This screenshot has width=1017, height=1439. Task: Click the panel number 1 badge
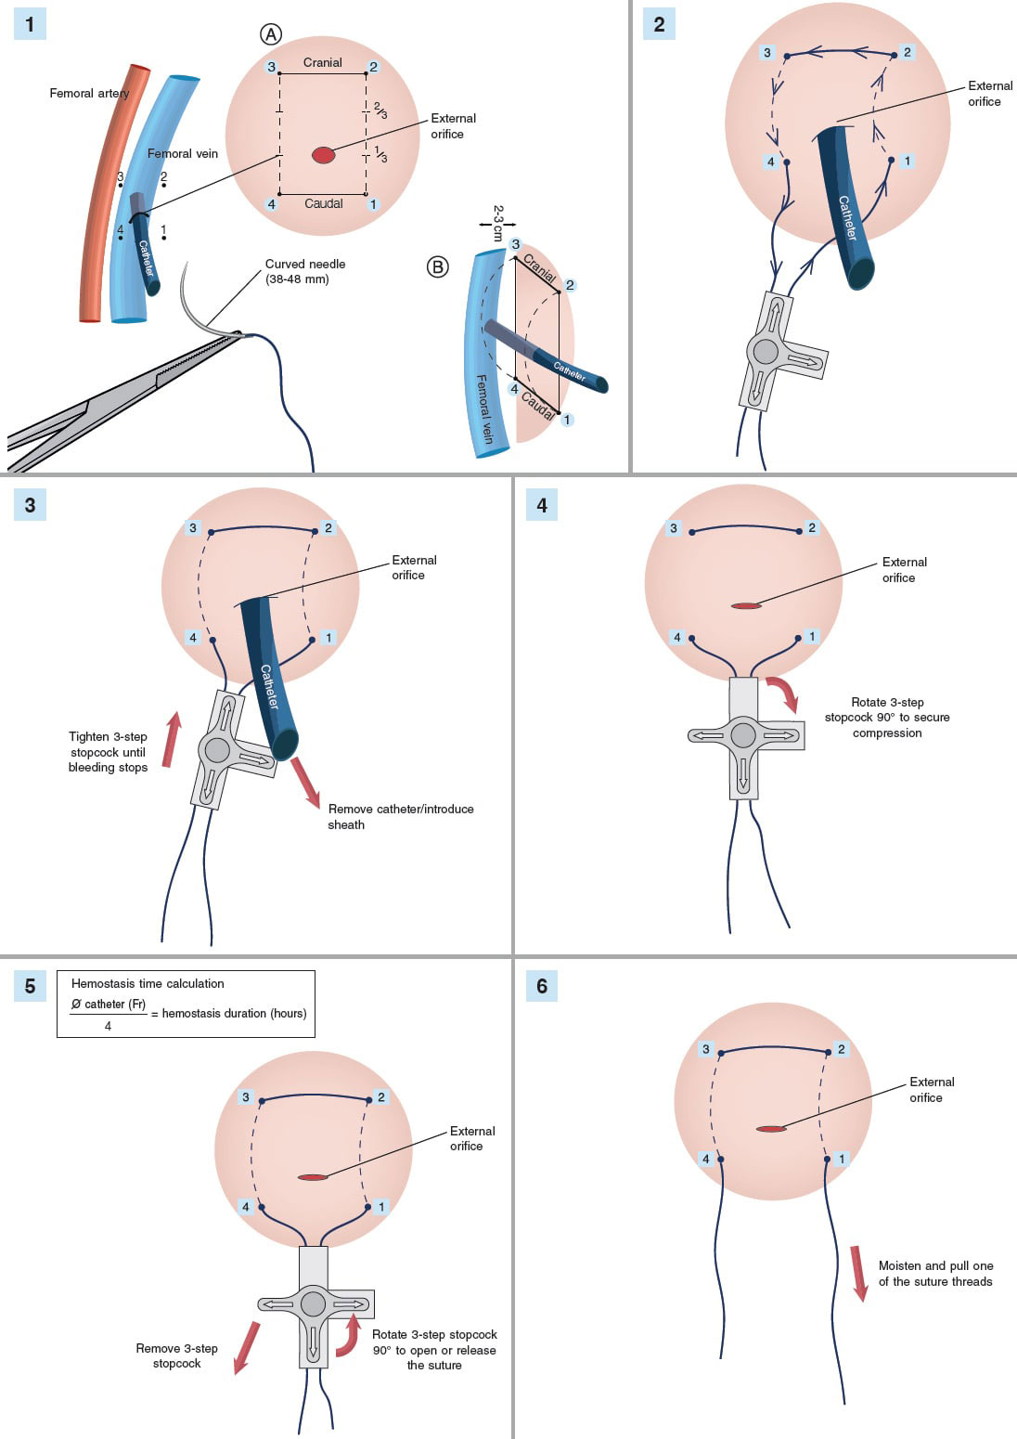(x=30, y=24)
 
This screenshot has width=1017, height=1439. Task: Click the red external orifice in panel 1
(x=323, y=155)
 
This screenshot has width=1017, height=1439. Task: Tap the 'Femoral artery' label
(x=89, y=93)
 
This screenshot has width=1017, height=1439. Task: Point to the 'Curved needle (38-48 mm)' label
(x=304, y=271)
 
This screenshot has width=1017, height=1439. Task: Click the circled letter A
(x=270, y=34)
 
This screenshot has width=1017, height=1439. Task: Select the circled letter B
(x=437, y=267)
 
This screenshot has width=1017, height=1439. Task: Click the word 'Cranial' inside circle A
(x=323, y=62)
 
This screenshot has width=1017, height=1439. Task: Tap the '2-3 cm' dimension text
(x=498, y=224)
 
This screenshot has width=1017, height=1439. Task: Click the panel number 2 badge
(x=659, y=24)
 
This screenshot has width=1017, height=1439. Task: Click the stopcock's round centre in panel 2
(x=766, y=351)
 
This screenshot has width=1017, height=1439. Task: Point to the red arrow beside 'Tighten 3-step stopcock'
(x=171, y=739)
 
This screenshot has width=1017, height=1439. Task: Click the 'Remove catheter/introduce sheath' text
(x=400, y=816)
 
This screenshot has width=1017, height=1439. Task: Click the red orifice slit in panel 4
(x=746, y=606)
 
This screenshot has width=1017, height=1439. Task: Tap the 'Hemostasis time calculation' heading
(x=148, y=983)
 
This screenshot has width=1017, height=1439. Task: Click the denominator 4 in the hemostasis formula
(x=108, y=1026)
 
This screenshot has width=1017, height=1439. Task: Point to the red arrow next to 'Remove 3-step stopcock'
(x=246, y=1347)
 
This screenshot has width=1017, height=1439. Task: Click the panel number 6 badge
(x=542, y=986)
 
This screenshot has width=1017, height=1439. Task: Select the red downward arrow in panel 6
(x=859, y=1274)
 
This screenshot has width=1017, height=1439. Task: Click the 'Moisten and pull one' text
(x=935, y=1265)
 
